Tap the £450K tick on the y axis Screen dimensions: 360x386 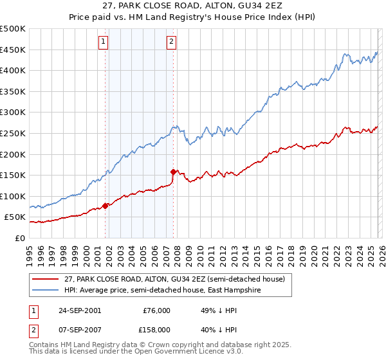point(13,50)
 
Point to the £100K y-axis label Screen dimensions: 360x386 point(13,196)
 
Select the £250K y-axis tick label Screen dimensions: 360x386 point(13,133)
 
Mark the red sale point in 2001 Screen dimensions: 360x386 point(106,206)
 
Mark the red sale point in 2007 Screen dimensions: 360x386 point(173,172)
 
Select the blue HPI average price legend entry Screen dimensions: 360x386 point(163,290)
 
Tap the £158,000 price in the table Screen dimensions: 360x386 point(156,329)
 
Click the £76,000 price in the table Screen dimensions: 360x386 point(156,310)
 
